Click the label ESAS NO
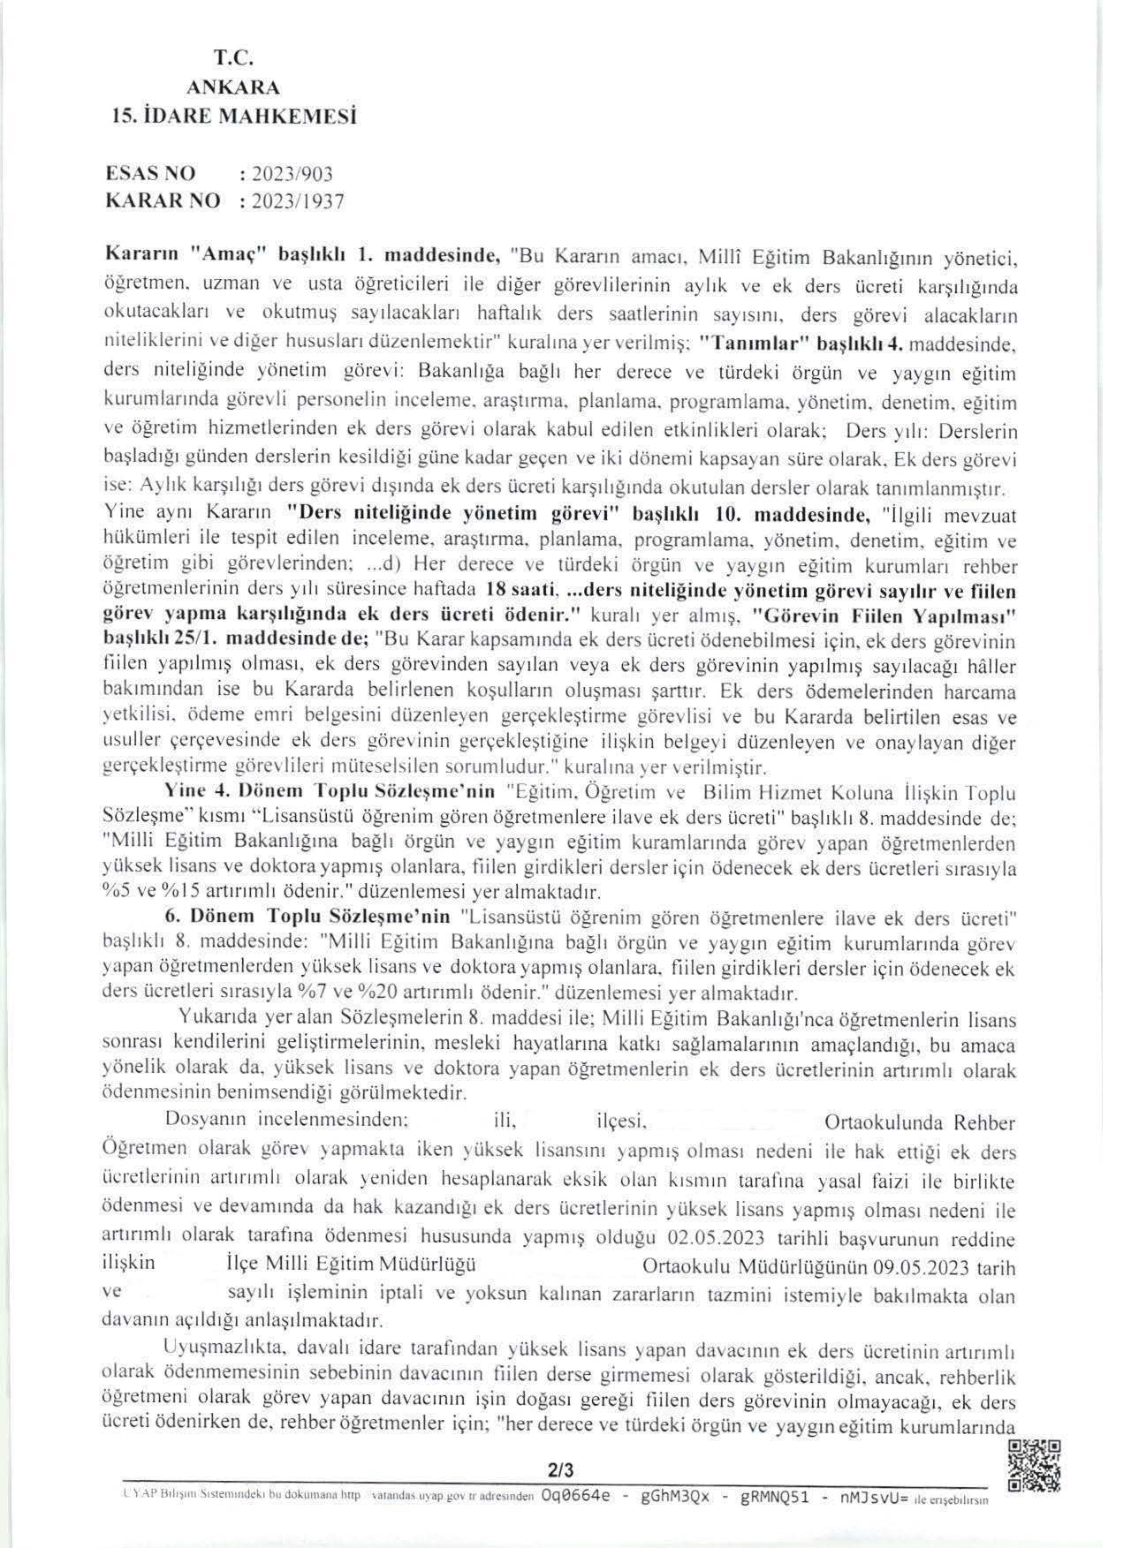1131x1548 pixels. pos(149,173)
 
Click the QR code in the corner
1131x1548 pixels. pos(1034,1465)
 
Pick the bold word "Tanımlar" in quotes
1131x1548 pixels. pos(748,344)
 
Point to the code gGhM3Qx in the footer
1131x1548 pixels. pos(677,1498)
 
